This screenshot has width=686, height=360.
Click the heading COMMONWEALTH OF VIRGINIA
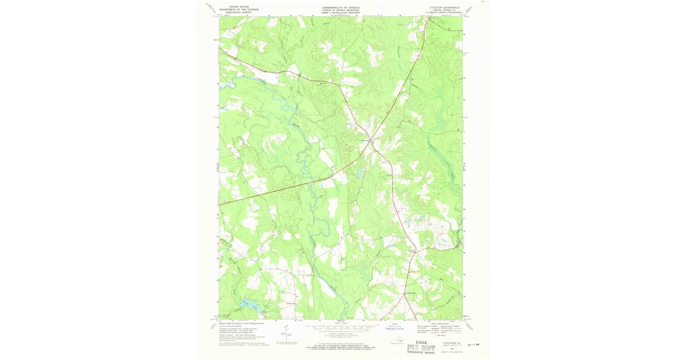click(341, 6)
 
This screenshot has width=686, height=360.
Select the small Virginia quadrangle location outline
click(394, 342)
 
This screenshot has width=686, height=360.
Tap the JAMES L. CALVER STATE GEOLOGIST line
click(341, 11)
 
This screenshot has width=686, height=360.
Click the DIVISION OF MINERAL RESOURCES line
click(341, 9)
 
